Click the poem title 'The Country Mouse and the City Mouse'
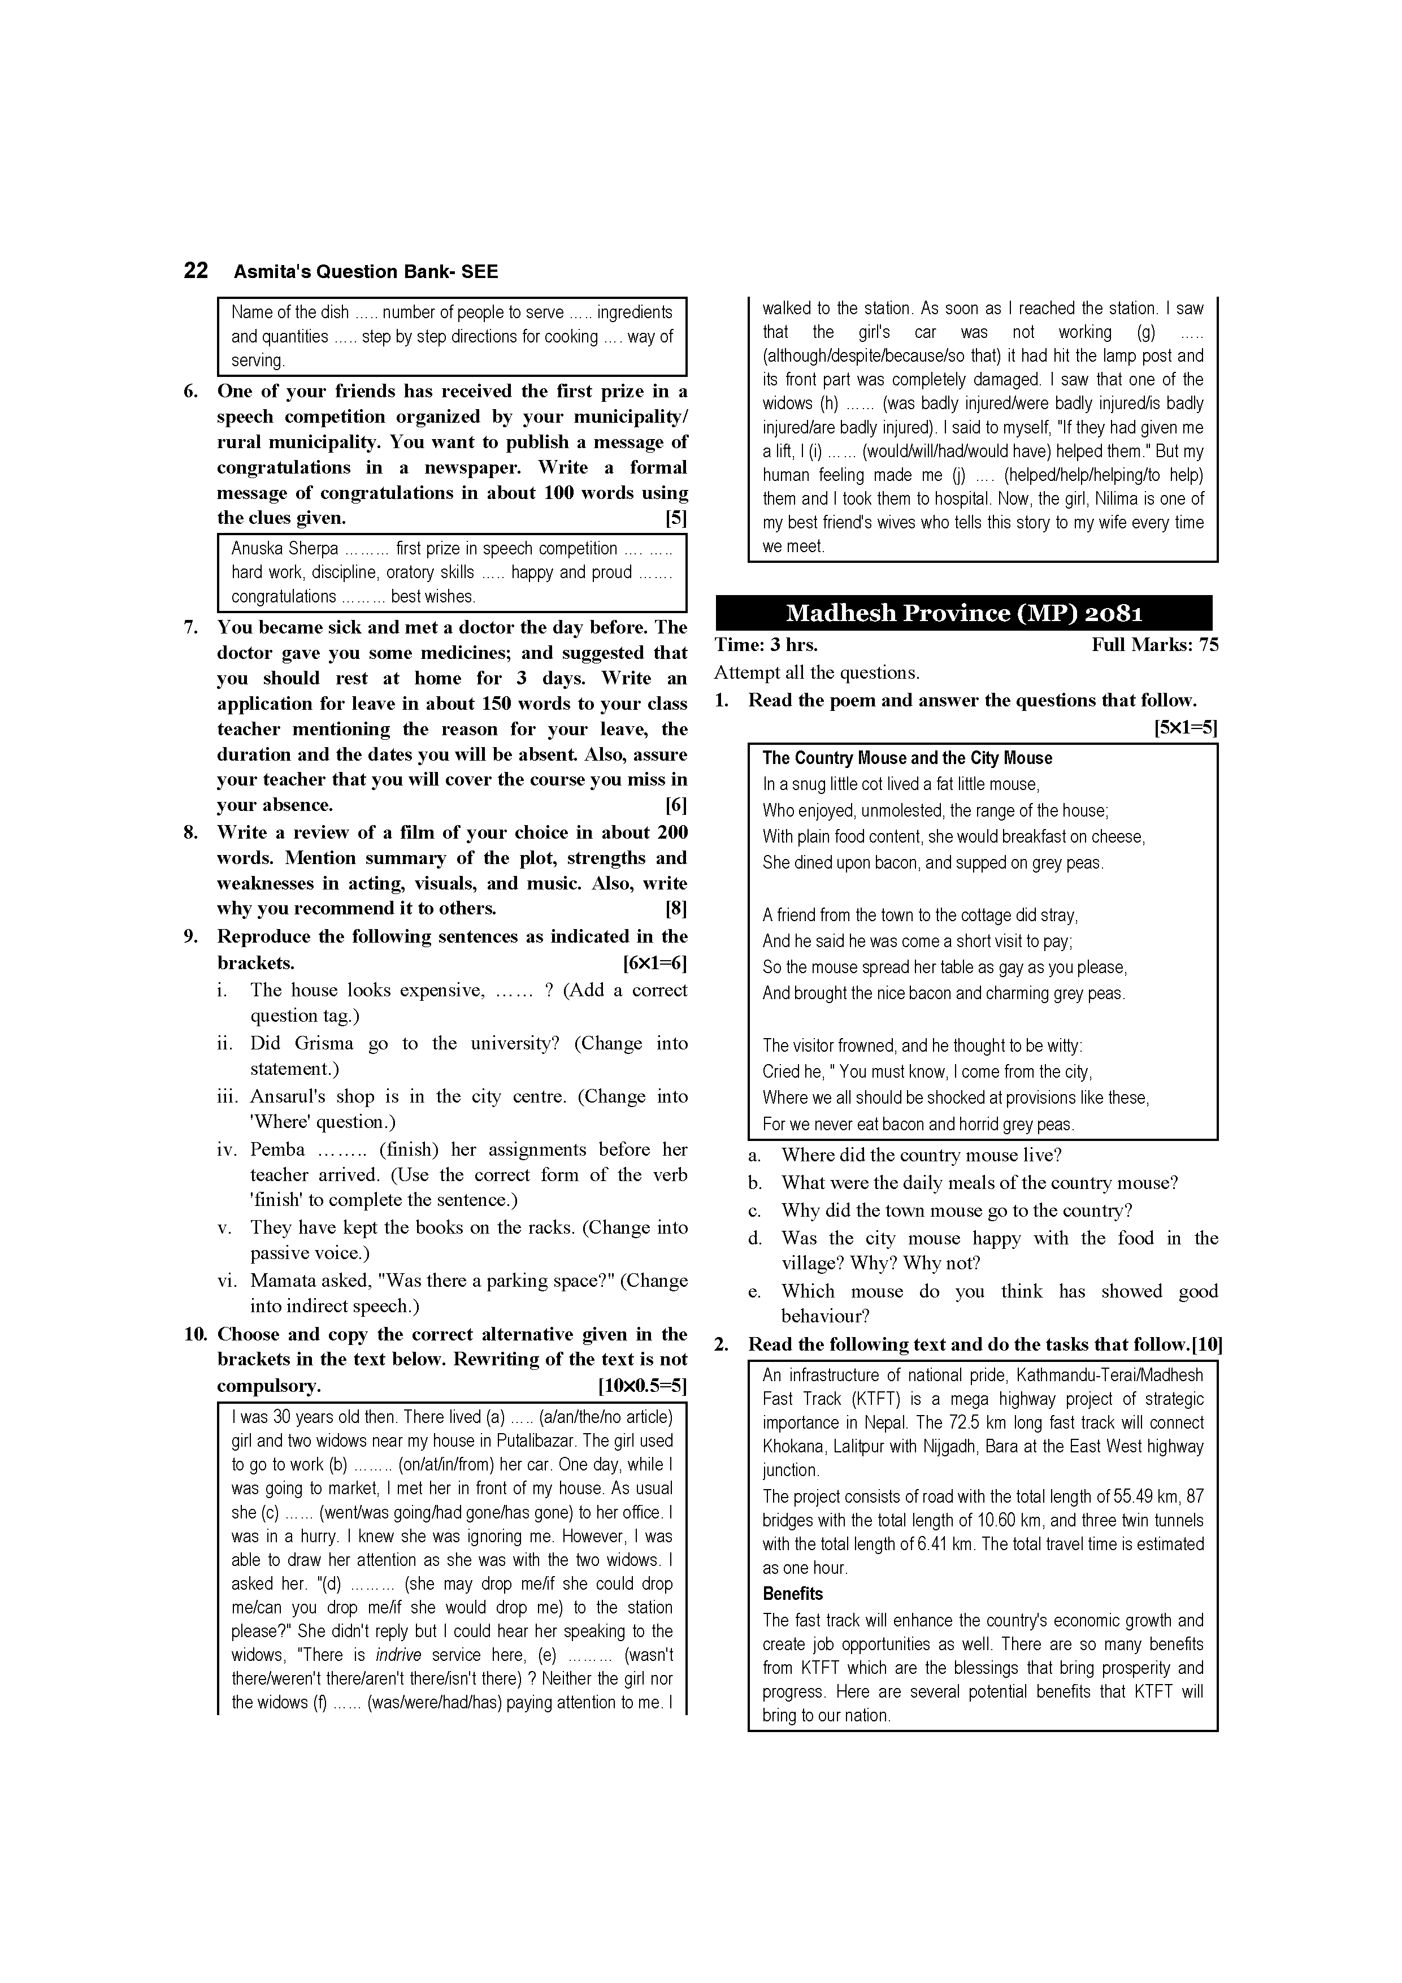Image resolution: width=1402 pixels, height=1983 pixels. (x=907, y=758)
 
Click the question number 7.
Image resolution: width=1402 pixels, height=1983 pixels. (x=191, y=628)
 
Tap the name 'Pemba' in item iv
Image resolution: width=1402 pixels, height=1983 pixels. (x=277, y=1149)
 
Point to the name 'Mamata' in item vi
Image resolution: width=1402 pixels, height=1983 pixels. (x=283, y=1281)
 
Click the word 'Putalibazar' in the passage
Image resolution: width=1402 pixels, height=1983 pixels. (x=537, y=1440)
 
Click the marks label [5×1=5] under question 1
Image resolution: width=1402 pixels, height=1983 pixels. (x=1185, y=728)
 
